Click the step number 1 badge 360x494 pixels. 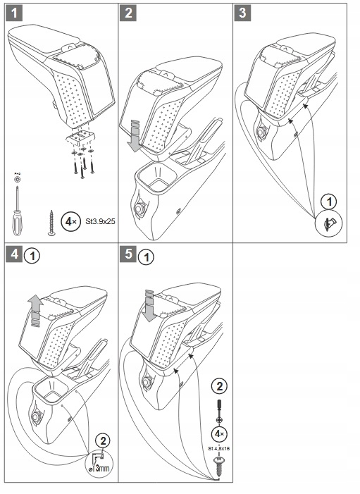(x=14, y=13)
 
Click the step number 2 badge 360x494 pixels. (x=128, y=13)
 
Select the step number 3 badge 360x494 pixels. (x=242, y=13)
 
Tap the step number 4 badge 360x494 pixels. (x=14, y=254)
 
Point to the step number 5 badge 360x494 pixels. (x=128, y=254)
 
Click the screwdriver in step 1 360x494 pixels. (x=17, y=211)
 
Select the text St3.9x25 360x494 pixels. (x=100, y=221)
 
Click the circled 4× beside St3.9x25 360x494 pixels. (x=70, y=221)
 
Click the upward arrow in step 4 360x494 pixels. (x=36, y=310)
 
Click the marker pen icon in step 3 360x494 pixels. (x=329, y=224)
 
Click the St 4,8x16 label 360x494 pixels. (x=218, y=448)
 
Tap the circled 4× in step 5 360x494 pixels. (x=219, y=434)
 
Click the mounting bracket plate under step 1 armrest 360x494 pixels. (x=80, y=136)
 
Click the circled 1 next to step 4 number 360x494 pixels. (x=32, y=257)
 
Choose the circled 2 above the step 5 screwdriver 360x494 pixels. (x=219, y=386)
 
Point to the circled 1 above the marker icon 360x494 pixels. (x=329, y=202)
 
